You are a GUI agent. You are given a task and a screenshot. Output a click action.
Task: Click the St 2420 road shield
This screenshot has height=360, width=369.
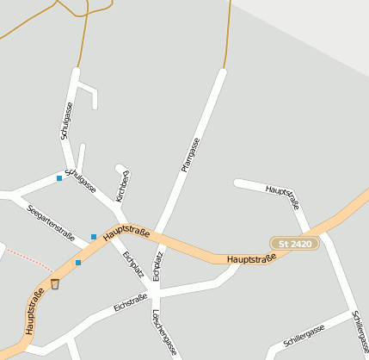(295, 244)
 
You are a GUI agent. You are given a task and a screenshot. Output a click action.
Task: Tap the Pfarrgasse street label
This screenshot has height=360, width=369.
(190, 156)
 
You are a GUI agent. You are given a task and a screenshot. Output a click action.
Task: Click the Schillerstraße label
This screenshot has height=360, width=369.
(360, 334)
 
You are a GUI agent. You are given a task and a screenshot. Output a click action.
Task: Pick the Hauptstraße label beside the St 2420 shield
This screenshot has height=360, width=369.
(251, 258)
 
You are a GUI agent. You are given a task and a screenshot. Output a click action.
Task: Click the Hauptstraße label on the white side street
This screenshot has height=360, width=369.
(282, 196)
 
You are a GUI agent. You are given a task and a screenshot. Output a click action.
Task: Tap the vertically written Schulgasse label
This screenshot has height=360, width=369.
(66, 121)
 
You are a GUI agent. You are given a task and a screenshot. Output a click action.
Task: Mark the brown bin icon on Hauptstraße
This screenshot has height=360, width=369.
(55, 284)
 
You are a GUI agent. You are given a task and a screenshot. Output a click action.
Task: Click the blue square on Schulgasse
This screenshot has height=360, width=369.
(59, 178)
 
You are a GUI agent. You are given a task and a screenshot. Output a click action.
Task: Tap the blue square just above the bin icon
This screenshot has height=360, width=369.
(78, 263)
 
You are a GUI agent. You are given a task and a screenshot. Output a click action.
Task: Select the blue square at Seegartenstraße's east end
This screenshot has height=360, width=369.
(94, 237)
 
